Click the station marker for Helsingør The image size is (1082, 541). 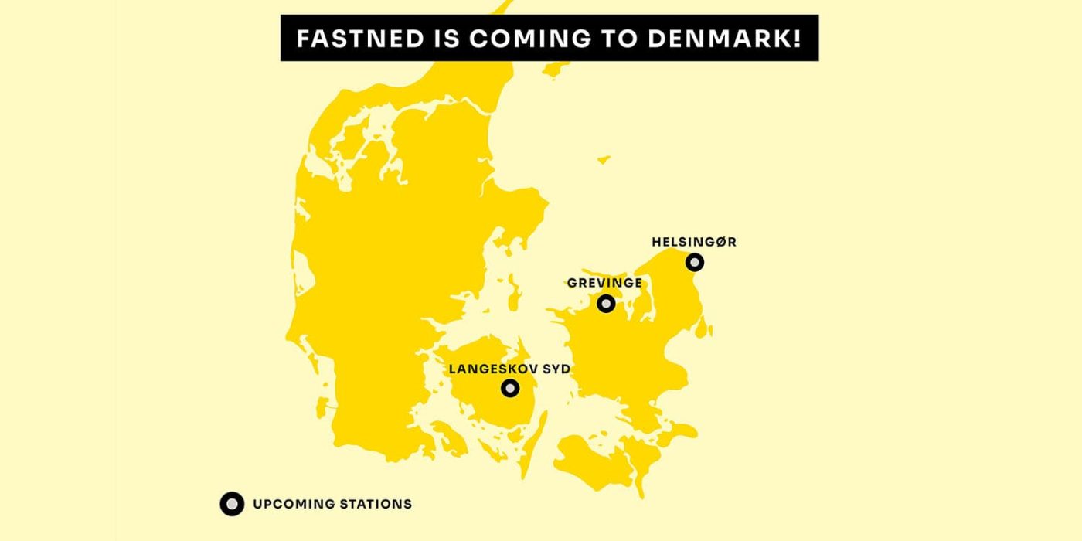(695, 263)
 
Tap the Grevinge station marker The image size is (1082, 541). (607, 303)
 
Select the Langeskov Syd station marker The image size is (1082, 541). (509, 388)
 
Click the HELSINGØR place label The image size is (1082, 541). (694, 242)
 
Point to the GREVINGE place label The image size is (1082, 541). (604, 283)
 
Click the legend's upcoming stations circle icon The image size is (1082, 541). (232, 504)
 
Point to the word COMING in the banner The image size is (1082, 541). (528, 39)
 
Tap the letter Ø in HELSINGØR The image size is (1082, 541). (719, 242)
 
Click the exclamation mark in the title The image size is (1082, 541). (797, 39)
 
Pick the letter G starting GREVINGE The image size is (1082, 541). (572, 283)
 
